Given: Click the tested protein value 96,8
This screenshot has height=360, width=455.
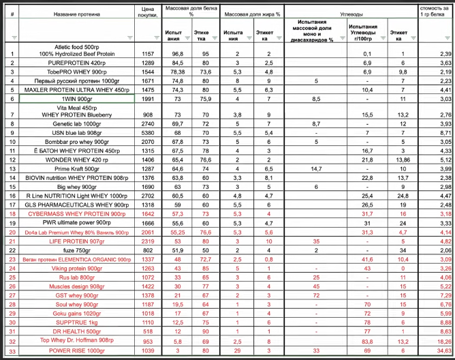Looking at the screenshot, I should tap(178, 53).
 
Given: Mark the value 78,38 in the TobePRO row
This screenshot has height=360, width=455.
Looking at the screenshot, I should tap(178, 71).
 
